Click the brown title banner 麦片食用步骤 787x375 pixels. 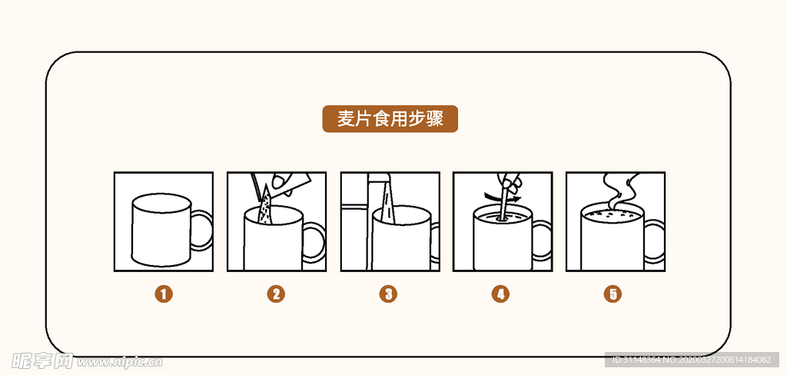(x=390, y=119)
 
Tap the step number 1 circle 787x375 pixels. (x=163, y=294)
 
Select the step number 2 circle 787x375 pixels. (x=276, y=294)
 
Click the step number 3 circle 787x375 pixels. (x=389, y=294)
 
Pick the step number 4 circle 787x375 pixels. (x=501, y=294)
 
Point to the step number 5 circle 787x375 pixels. (x=613, y=294)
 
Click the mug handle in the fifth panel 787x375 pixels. (x=655, y=241)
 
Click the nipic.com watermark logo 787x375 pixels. (x=85, y=360)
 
